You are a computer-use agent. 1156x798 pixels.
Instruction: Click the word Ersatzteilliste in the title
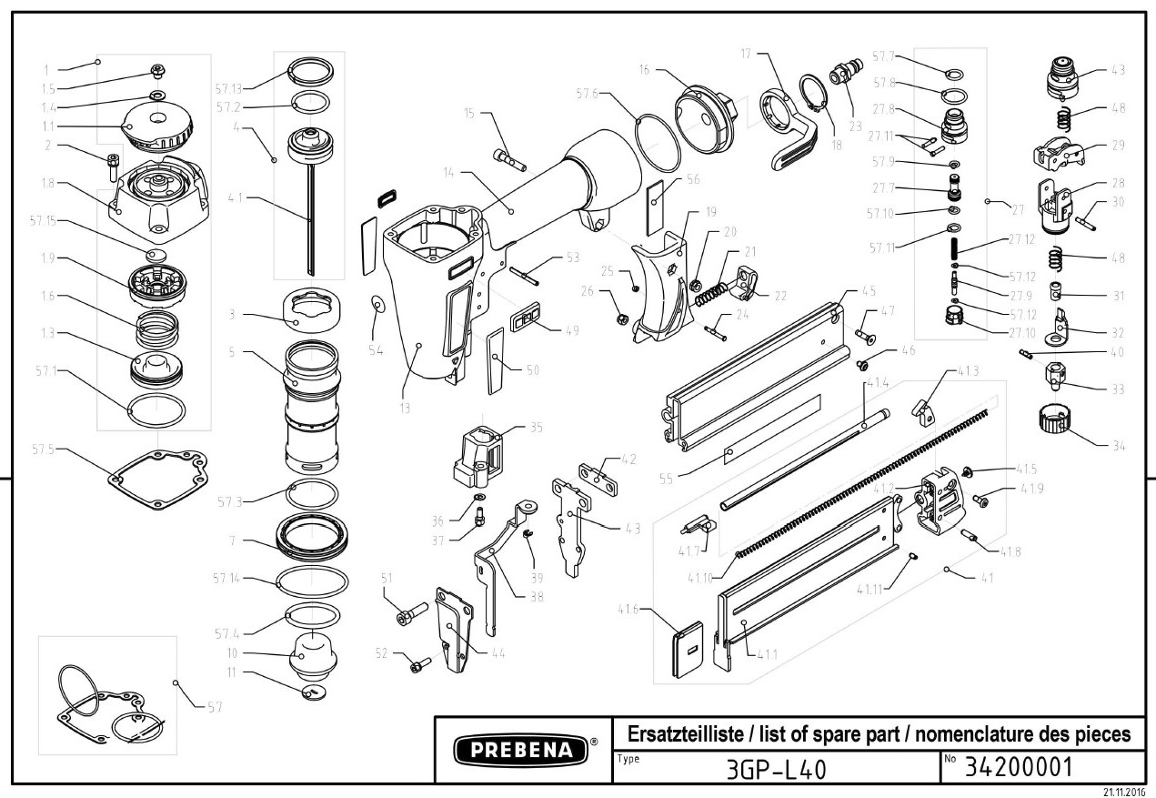pos(672,733)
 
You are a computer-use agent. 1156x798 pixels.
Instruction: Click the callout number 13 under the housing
pos(404,408)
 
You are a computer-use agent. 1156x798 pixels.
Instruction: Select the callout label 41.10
pos(701,577)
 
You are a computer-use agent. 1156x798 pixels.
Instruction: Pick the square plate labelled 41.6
pos(689,649)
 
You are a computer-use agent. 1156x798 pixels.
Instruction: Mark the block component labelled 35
pos(477,454)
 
